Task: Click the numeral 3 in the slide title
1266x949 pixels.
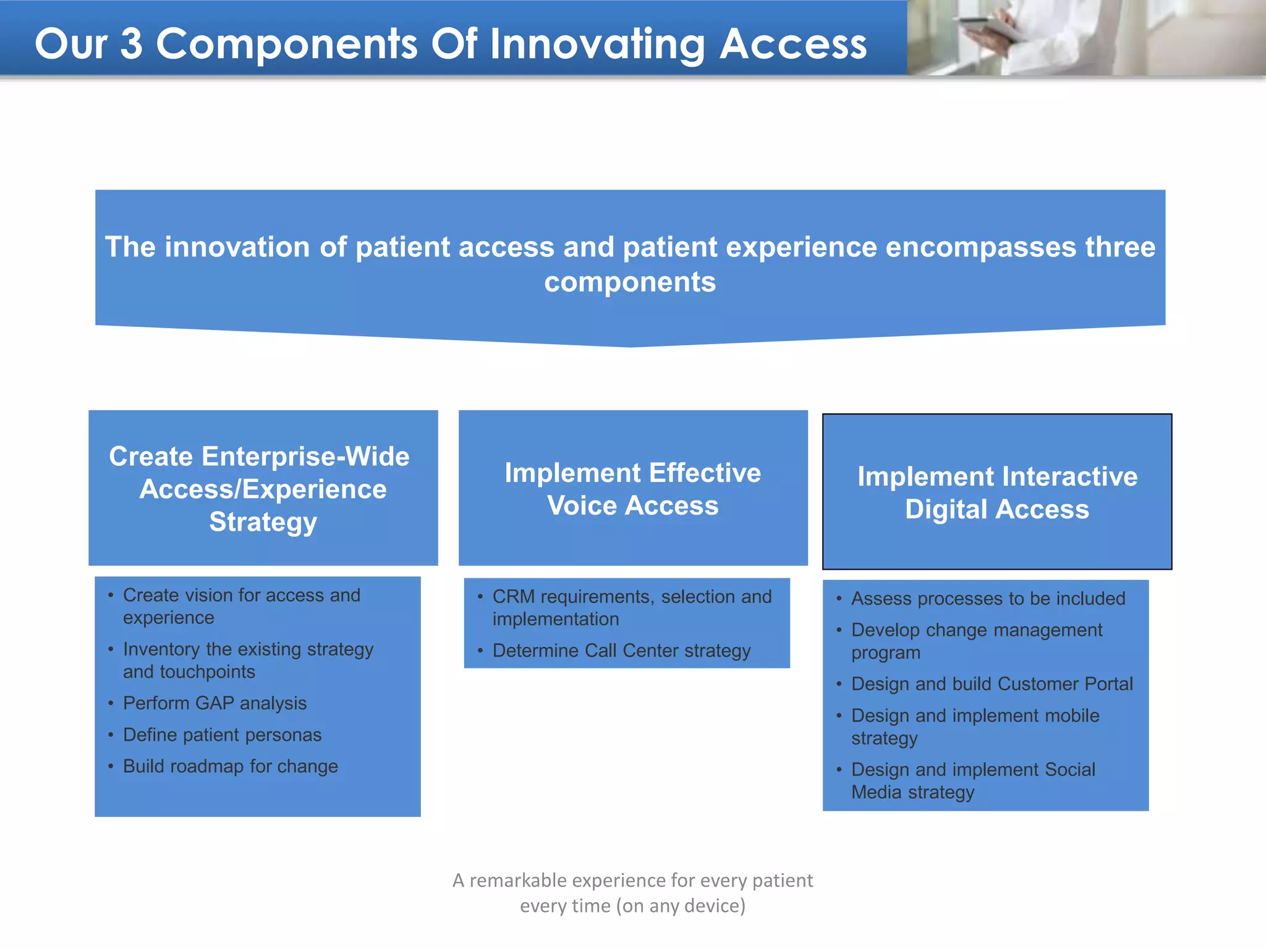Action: [x=131, y=44]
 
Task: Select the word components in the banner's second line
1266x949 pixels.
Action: [x=629, y=282]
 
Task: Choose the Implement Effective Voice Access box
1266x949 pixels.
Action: [x=632, y=489]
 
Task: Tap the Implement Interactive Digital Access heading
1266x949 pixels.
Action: [x=996, y=492]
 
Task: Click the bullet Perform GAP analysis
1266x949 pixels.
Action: [x=215, y=703]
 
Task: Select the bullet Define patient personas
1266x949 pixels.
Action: [x=222, y=735]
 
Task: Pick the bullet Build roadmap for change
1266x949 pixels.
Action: [x=230, y=766]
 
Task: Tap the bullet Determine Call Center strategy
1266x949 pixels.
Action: [x=621, y=651]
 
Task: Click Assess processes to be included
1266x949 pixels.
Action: [x=988, y=599]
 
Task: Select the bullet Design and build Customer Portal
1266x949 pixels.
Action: [x=992, y=684]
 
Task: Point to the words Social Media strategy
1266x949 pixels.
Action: [x=912, y=792]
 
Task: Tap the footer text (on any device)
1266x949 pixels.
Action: [x=681, y=906]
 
